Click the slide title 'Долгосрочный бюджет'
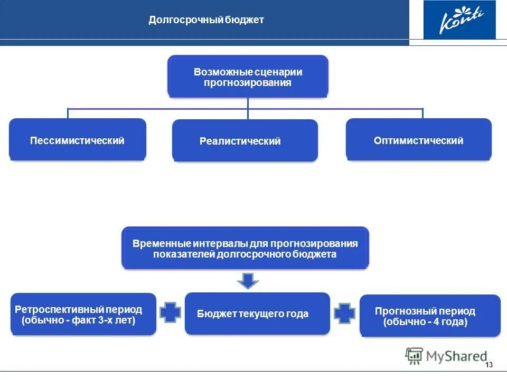[206, 21]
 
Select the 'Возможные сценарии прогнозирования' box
[248, 77]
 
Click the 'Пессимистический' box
[77, 140]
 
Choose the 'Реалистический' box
[245, 141]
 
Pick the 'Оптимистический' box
[418, 140]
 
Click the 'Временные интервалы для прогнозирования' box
[245, 249]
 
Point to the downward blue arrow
[248, 280]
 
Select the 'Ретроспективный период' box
[83, 315]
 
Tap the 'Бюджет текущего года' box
[257, 314]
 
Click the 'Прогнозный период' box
[429, 316]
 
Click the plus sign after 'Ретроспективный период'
[170, 312]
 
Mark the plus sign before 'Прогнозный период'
[344, 313]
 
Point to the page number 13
[488, 365]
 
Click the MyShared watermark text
[457, 356]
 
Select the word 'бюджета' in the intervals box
[316, 254]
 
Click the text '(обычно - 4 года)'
[425, 322]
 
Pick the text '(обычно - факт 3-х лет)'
[78, 320]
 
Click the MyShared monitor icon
[414, 356]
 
